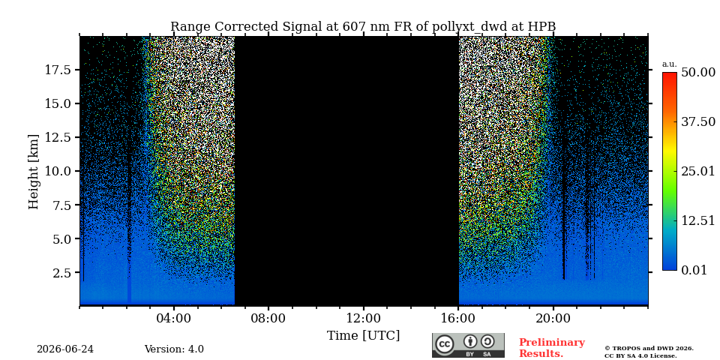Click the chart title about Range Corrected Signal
[x=363, y=27]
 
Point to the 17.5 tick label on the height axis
[x=58, y=70]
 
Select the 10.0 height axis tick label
[x=58, y=171]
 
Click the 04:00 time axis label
[x=174, y=318]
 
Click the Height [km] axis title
[x=34, y=172]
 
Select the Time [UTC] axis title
[x=363, y=336]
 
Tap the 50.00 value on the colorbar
[x=698, y=73]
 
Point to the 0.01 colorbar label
[x=694, y=270]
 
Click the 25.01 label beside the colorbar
[x=698, y=172]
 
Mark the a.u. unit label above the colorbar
[x=669, y=64]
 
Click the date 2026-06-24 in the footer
[x=65, y=349]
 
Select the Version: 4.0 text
[x=174, y=349]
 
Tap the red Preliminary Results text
[x=552, y=348]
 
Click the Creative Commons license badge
[x=468, y=345]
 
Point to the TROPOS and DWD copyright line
[x=649, y=349]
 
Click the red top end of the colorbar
[x=670, y=73]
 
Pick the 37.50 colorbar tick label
[x=698, y=122]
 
